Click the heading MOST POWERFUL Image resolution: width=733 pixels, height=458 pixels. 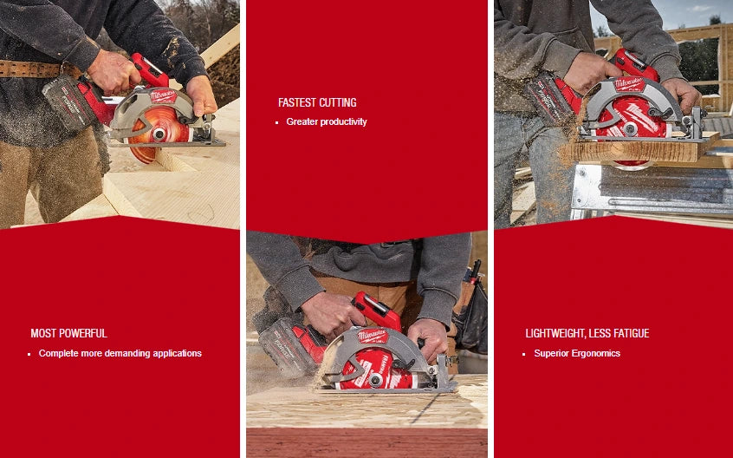click(68, 333)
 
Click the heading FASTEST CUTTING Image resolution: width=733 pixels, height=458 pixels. click(317, 102)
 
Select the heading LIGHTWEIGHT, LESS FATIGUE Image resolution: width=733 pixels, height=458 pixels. click(587, 333)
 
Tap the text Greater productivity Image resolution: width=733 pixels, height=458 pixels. click(327, 121)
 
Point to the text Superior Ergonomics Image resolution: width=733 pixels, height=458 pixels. click(577, 353)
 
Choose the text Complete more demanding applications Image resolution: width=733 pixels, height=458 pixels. click(120, 353)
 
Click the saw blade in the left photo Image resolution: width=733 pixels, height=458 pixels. click(156, 130)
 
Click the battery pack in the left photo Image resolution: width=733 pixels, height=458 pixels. click(66, 101)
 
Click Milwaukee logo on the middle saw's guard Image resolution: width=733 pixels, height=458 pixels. click(373, 336)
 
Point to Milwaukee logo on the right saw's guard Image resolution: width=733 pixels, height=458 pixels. click(630, 83)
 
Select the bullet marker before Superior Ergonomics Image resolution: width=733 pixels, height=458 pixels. click(524, 354)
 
